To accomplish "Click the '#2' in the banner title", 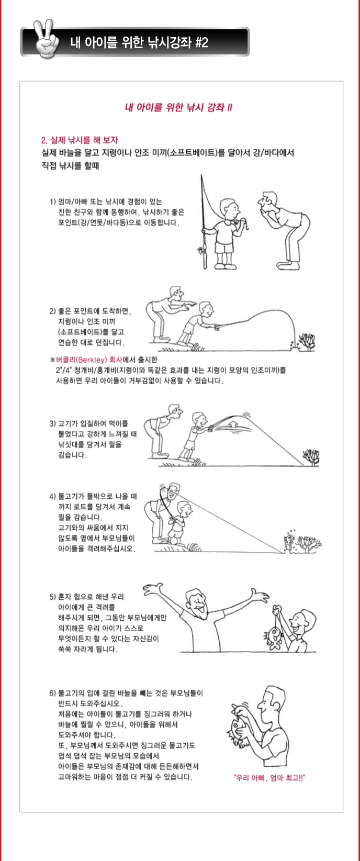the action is pyautogui.click(x=201, y=42).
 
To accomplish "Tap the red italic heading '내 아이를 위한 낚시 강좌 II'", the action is pyautogui.click(x=178, y=107).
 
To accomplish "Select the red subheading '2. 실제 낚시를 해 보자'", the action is pyautogui.click(x=80, y=140).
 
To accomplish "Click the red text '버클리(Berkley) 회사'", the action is pyautogui.click(x=89, y=360).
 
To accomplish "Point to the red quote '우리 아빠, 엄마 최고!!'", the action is pyautogui.click(x=269, y=778).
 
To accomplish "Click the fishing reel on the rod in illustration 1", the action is pyautogui.click(x=201, y=252).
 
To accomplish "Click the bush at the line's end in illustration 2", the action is pyautogui.click(x=307, y=341).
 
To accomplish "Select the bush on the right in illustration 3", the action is pyautogui.click(x=311, y=457).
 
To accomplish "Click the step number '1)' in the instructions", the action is pyautogui.click(x=53, y=202).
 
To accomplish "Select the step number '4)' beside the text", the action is pyautogui.click(x=53, y=496).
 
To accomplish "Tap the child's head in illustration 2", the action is pyautogui.click(x=206, y=309).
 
